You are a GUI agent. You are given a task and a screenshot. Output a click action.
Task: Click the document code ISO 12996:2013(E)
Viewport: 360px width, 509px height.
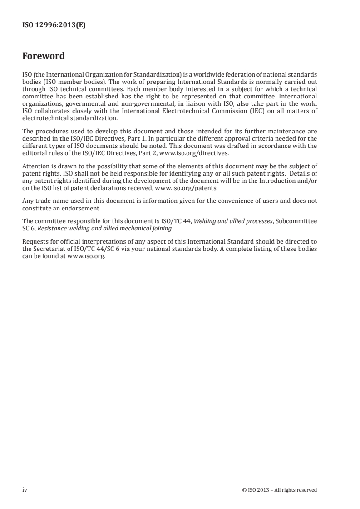(54, 26)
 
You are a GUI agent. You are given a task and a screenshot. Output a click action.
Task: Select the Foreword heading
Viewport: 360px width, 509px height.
(44, 56)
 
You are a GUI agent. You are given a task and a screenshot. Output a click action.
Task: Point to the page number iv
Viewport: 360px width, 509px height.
(25, 490)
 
